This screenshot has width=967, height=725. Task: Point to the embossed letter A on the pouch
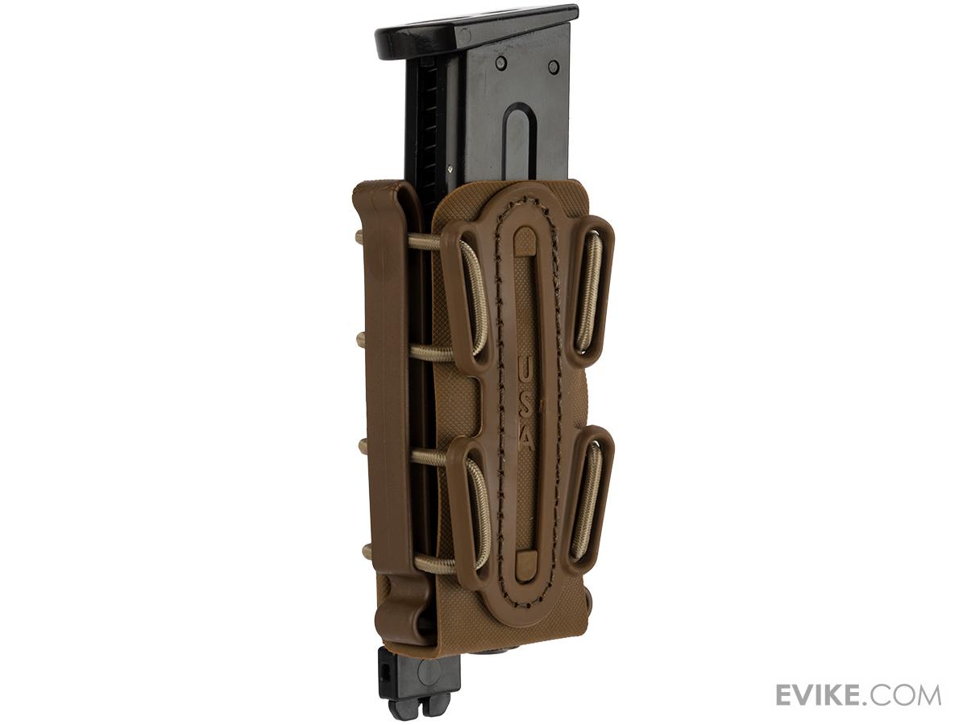[525, 438]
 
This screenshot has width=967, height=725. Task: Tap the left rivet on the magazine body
[501, 62]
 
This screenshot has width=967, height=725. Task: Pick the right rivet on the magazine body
[553, 67]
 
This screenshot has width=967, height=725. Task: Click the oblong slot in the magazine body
[519, 149]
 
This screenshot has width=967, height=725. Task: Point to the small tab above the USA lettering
[525, 242]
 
